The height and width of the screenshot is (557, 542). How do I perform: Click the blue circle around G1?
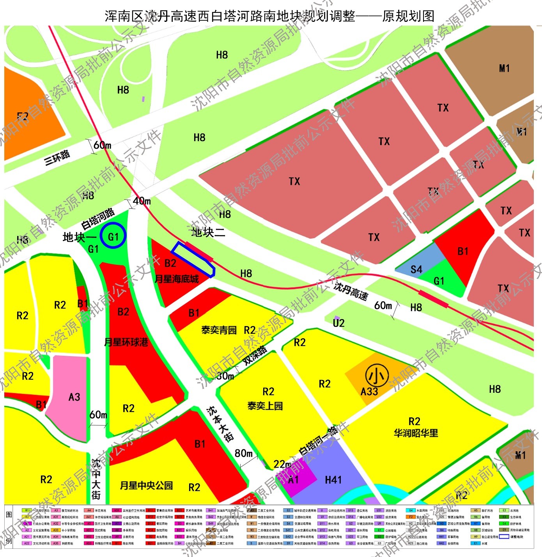(x=113, y=236)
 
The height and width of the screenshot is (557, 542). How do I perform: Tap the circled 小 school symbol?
(x=377, y=376)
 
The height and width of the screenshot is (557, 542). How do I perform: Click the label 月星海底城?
(x=177, y=279)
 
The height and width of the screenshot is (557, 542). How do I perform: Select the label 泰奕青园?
(x=219, y=330)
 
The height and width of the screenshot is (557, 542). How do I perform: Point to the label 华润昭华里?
(x=416, y=433)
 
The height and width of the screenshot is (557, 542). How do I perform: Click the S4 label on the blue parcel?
(x=416, y=269)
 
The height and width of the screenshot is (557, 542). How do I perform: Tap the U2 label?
(x=338, y=323)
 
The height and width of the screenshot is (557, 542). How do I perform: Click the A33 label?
(x=369, y=392)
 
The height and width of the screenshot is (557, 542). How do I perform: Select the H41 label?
(x=333, y=480)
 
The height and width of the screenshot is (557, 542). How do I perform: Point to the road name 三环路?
(x=57, y=157)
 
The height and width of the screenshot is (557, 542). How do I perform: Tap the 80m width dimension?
(x=244, y=453)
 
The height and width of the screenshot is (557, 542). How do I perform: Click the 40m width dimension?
(x=142, y=201)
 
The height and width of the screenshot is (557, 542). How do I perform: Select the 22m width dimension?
(x=282, y=464)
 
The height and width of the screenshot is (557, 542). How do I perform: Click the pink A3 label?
(x=74, y=397)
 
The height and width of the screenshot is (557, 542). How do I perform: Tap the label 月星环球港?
(x=126, y=342)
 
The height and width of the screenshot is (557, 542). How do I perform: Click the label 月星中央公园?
(x=146, y=485)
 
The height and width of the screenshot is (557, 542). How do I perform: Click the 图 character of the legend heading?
(x=9, y=514)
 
